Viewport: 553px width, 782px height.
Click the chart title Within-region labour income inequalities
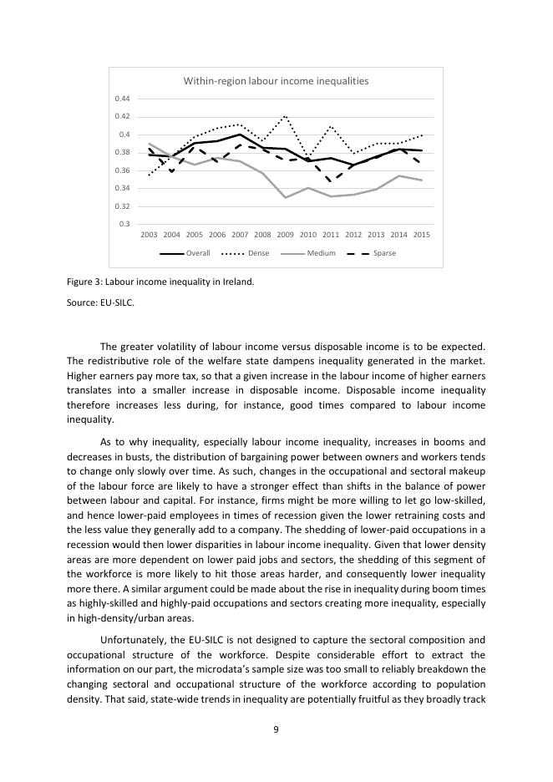(x=276, y=81)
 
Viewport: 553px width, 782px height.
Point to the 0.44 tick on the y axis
(x=124, y=99)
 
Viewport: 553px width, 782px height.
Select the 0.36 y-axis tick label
(x=124, y=170)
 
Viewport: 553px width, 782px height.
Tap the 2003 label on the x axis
(x=150, y=236)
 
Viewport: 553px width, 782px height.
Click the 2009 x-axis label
(x=286, y=236)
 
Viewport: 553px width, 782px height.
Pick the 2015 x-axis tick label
(x=422, y=236)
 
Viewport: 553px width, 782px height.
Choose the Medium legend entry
(x=321, y=253)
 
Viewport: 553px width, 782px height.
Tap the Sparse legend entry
(x=384, y=253)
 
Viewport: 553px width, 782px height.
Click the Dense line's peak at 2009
(x=286, y=116)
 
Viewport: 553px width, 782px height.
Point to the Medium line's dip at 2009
(x=286, y=198)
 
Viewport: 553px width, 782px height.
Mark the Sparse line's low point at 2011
(x=331, y=180)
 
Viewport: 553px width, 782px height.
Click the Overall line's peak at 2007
(x=240, y=134)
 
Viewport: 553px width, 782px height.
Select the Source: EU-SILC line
(x=99, y=303)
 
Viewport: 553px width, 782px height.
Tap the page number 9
(x=276, y=729)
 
